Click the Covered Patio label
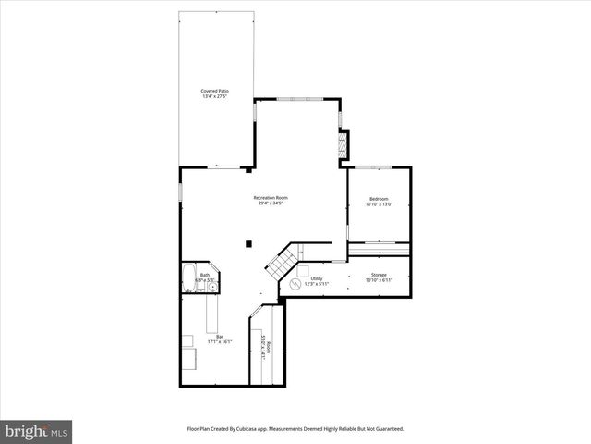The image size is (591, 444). click(x=215, y=91)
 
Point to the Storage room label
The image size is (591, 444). click(x=380, y=275)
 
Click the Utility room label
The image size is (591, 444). click(x=316, y=278)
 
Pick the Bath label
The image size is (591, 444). click(x=205, y=275)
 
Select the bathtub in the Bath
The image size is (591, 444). click(x=188, y=277)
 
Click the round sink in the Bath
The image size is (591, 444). click(x=212, y=287)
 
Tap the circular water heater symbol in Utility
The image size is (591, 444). click(x=297, y=284)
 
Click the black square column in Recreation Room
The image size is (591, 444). click(x=248, y=244)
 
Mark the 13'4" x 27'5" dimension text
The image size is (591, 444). click(x=215, y=96)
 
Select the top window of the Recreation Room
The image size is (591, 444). click(x=297, y=99)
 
